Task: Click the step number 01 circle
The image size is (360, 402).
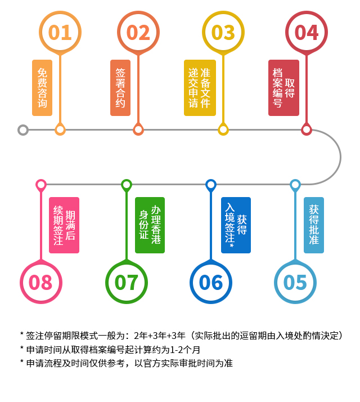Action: click(60, 32)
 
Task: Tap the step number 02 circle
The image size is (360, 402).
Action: click(138, 32)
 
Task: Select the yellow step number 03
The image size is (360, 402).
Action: click(223, 32)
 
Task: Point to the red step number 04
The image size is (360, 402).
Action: click(307, 32)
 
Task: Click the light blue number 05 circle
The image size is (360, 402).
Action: click(295, 282)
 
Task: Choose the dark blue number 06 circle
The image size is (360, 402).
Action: click(211, 282)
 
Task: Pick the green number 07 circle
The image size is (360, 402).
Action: click(127, 282)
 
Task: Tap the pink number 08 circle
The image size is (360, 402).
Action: click(40, 282)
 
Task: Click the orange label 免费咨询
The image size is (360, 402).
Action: click(42, 88)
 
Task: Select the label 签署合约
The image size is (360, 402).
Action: click(120, 88)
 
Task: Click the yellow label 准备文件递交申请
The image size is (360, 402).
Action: click(199, 88)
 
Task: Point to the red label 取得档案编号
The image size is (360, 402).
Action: click(283, 88)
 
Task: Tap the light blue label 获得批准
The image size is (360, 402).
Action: click(314, 225)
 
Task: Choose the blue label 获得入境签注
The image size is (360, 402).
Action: click(236, 225)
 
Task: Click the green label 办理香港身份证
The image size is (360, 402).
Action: click(150, 225)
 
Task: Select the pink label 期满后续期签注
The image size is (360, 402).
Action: click(64, 225)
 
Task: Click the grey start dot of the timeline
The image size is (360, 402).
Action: click(23, 130)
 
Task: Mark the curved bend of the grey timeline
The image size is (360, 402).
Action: click(340, 157)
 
